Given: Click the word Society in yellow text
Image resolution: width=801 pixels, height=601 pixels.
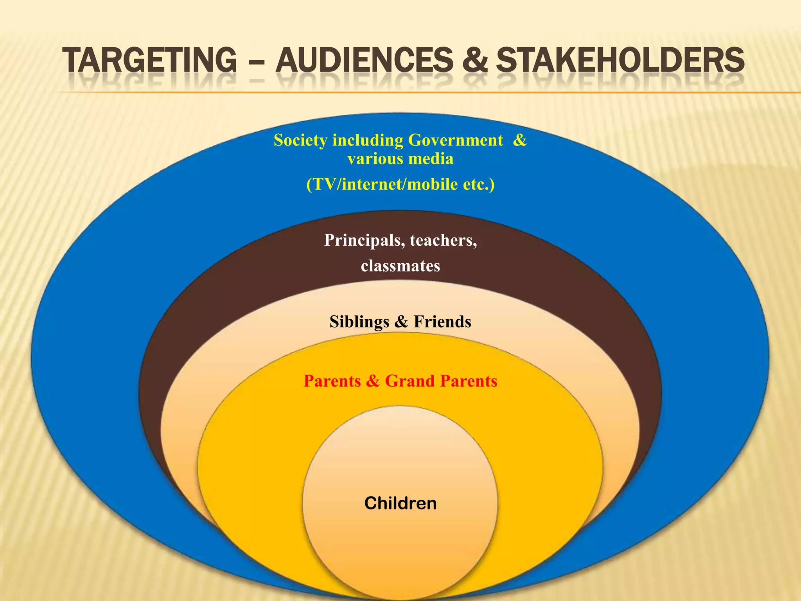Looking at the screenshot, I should click(300, 140).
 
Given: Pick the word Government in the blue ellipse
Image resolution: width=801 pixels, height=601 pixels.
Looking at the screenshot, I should click(455, 140).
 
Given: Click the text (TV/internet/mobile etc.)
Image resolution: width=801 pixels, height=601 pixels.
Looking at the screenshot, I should click(400, 184).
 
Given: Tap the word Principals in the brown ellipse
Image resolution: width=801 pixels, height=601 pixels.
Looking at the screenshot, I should click(364, 240).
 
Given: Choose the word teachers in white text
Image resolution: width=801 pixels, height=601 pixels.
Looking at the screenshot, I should click(443, 240).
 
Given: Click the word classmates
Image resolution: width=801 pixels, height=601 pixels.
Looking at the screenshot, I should click(400, 266).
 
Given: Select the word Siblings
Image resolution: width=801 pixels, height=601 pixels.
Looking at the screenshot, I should click(359, 322).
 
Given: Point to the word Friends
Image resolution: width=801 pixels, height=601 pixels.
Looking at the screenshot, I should click(442, 322).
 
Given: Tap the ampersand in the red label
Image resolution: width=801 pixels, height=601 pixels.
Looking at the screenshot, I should click(373, 381).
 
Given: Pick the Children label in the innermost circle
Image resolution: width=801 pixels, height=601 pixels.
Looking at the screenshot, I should click(400, 503).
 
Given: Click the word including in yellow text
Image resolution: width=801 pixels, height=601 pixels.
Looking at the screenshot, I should click(368, 140).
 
